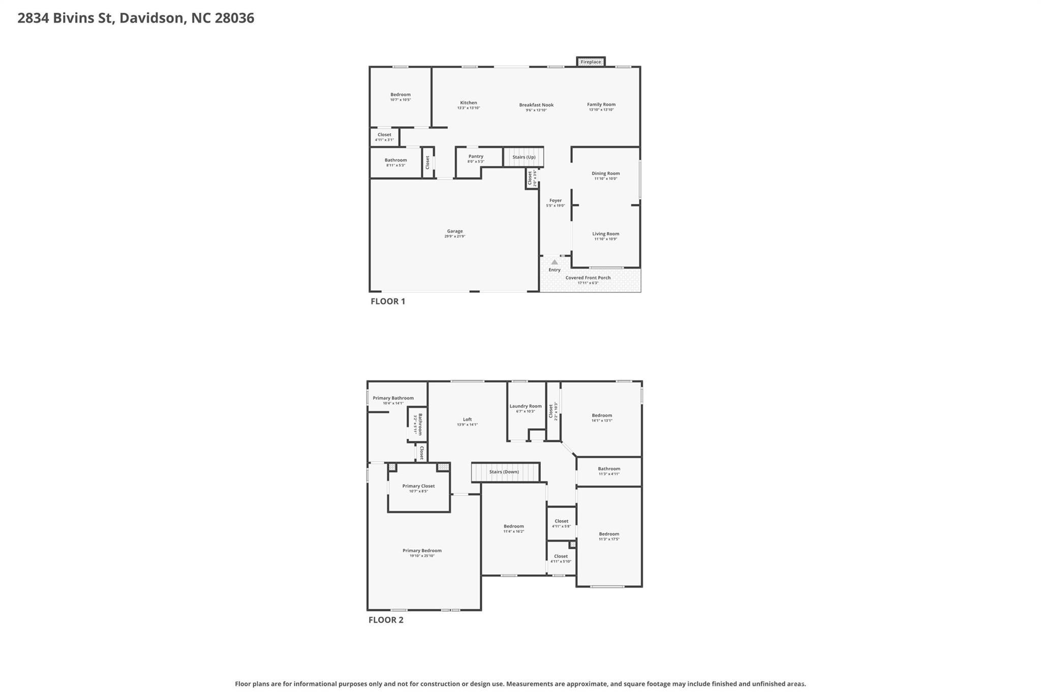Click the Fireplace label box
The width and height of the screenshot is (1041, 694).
[591, 62]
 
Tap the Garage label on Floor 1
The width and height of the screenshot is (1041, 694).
[455, 231]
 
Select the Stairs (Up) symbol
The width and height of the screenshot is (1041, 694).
[524, 157]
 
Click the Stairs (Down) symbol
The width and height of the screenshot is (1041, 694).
[504, 472]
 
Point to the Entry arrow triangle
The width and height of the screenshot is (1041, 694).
[555, 262]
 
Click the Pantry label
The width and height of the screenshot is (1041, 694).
[476, 157]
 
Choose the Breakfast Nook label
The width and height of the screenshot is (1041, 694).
[536, 105]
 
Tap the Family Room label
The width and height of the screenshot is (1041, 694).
[601, 105]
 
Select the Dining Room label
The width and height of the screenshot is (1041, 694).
[605, 173]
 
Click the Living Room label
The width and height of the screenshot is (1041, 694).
[605, 234]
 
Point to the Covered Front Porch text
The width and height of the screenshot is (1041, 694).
[588, 278]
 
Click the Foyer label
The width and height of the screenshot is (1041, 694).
[555, 201]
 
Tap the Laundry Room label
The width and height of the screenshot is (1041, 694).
[526, 406]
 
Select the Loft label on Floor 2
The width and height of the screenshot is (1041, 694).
[467, 420]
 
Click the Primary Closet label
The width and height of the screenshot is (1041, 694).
[418, 486]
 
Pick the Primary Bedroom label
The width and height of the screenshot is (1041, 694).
[422, 551]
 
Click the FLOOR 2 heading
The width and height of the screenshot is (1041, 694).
[386, 620]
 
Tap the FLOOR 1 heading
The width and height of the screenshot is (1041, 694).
[388, 301]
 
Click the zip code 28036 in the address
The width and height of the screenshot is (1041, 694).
[234, 18]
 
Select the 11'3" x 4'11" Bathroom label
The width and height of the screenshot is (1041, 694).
[609, 469]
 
